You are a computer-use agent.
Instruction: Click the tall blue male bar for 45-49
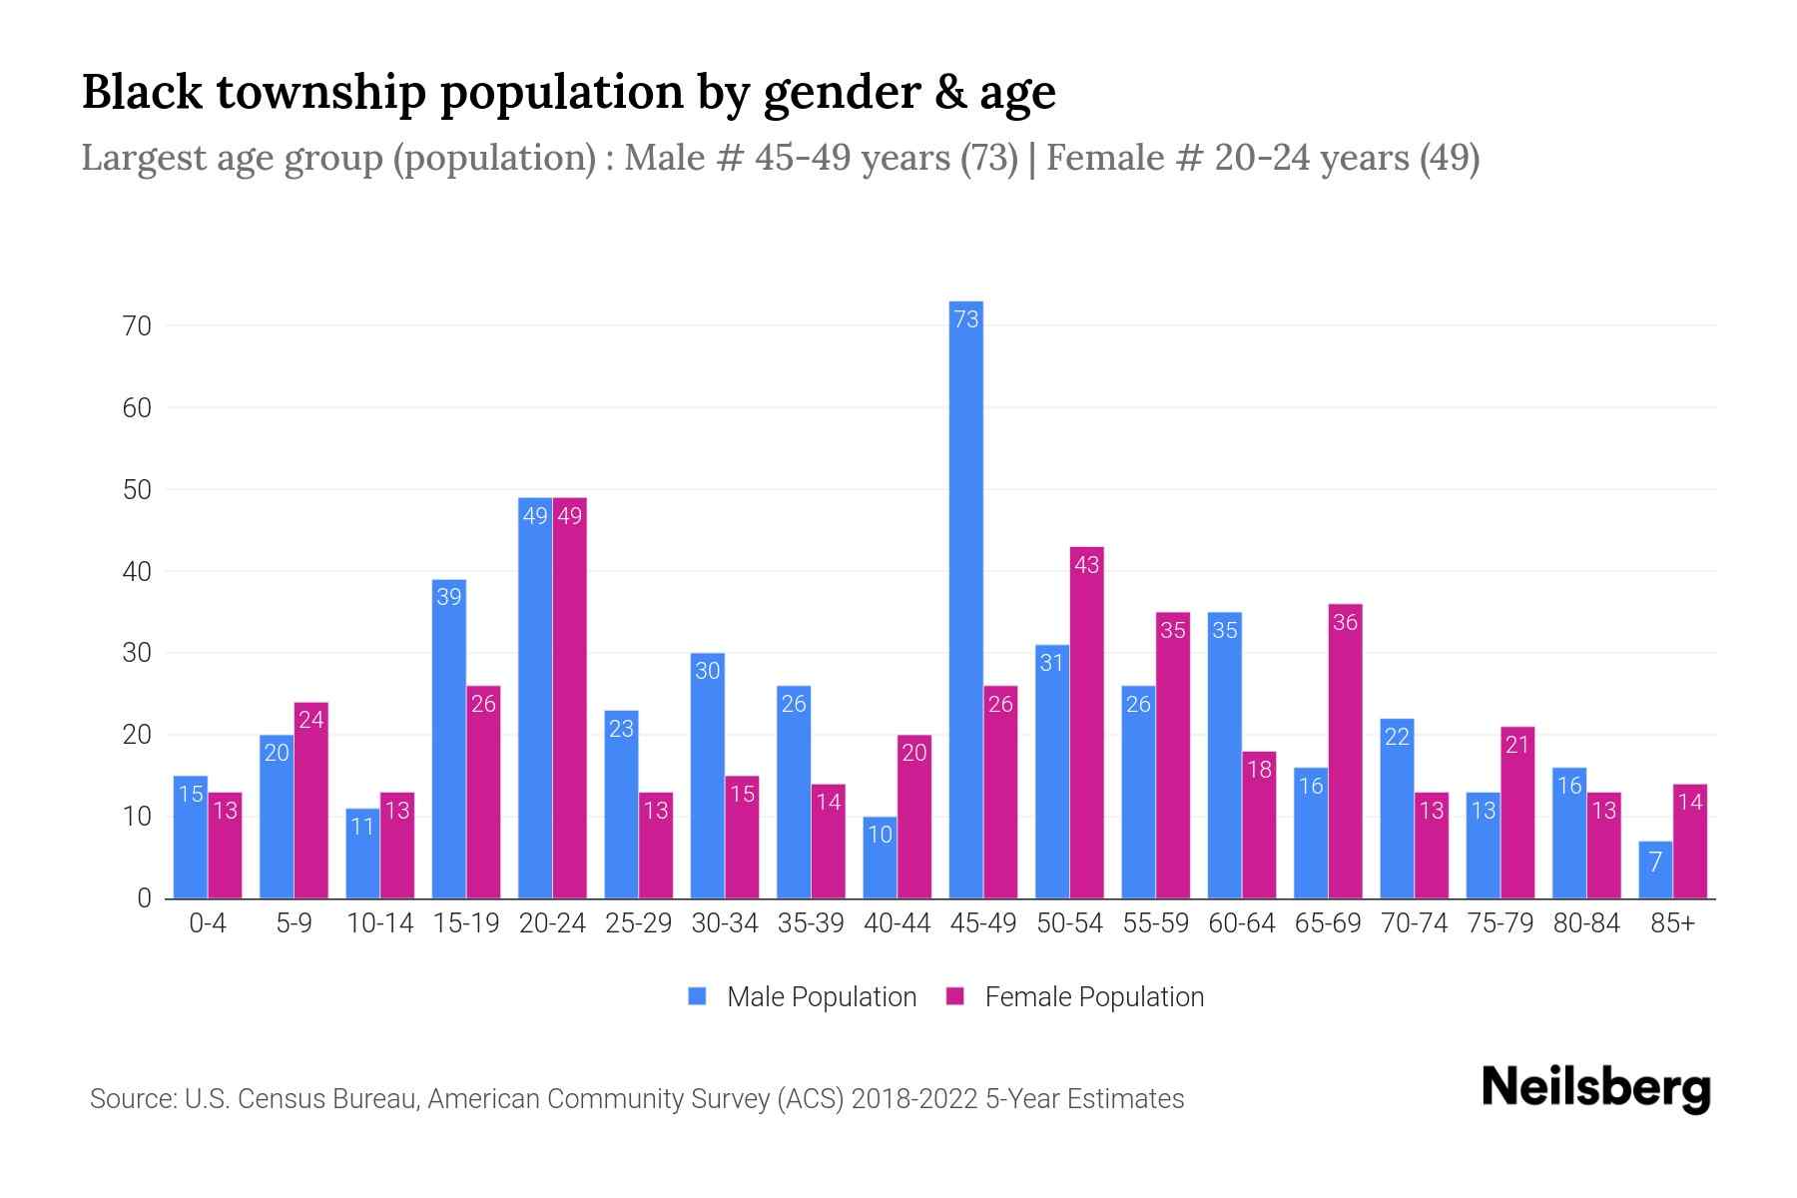coord(965,599)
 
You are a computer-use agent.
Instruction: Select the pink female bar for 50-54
coord(1086,723)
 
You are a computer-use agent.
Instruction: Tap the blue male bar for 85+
coord(1655,871)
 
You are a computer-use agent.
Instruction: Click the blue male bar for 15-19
coord(449,739)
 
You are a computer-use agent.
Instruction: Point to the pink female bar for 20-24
coord(570,699)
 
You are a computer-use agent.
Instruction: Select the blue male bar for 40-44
coord(880,858)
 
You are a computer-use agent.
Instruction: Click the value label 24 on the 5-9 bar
coord(311,719)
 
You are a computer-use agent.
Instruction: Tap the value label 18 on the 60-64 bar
coord(1259,769)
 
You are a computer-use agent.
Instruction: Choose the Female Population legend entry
coord(1075,997)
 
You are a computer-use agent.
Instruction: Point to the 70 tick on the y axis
coord(137,326)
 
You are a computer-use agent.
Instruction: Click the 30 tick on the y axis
coord(137,654)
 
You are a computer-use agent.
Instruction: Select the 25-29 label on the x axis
coord(638,923)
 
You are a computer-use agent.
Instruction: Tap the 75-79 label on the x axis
coord(1499,923)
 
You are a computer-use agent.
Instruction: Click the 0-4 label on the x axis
coord(208,923)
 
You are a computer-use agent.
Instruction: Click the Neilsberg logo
coord(1595,1087)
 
